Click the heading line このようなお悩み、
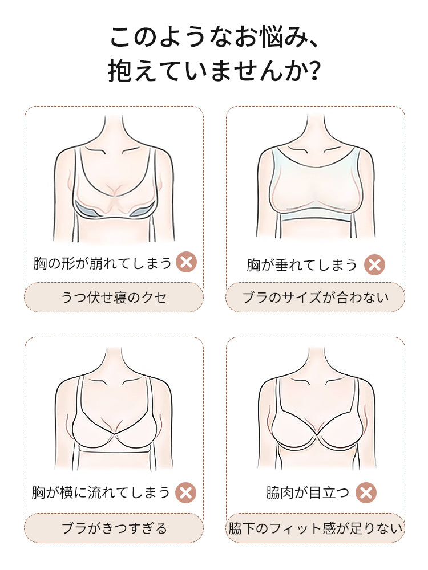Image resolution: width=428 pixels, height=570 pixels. tap(213, 38)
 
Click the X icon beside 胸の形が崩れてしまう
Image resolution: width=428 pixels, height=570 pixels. tap(186, 263)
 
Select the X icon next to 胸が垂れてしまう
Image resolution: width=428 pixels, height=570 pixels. tap(374, 264)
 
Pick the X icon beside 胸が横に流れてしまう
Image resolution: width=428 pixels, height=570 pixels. tap(185, 492)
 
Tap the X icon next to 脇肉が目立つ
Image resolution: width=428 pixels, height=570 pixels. tap(366, 492)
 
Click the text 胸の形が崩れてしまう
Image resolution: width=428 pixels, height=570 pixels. tap(102, 263)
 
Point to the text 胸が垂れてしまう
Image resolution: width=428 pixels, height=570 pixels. tap(302, 264)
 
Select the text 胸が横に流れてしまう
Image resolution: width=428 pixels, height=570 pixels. tap(101, 492)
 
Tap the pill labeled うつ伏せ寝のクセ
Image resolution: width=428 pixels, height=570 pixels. tap(114, 297)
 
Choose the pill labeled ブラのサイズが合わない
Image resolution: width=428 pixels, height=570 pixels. tap(315, 297)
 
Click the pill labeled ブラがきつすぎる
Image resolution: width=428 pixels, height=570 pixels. tap(114, 528)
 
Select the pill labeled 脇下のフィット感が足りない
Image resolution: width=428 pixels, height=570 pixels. tap(315, 528)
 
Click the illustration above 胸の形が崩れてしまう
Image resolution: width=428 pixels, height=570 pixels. tap(114, 180)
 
